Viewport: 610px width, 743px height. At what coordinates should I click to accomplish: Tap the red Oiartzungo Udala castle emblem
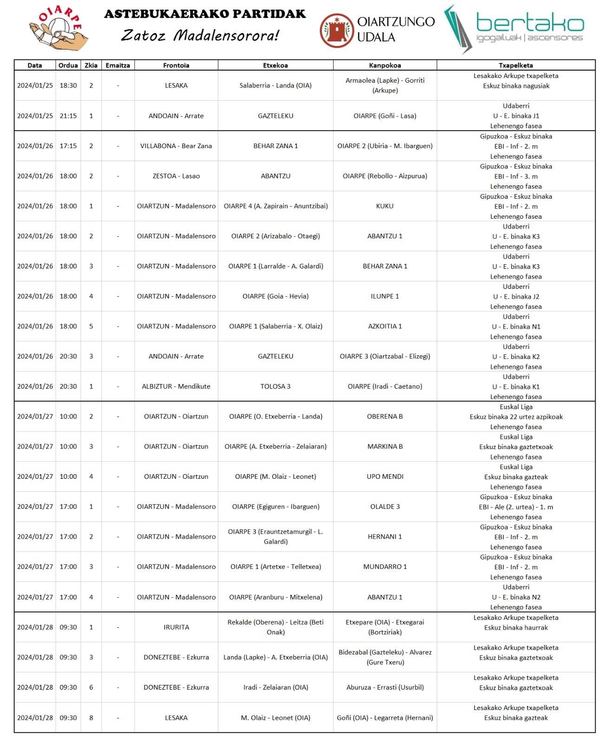336,30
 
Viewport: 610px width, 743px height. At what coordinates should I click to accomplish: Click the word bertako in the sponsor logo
530,22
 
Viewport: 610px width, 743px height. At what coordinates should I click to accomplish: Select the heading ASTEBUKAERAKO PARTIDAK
205,14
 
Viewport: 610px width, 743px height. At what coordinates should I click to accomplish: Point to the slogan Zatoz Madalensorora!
200,35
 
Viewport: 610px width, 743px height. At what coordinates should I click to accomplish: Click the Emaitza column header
118,65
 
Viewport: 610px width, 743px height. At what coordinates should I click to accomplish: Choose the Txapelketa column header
516,65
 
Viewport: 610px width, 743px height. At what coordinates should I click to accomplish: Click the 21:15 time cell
68,116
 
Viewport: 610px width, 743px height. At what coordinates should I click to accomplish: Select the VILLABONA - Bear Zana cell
176,146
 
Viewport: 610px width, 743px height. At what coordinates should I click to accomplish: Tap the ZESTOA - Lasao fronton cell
176,176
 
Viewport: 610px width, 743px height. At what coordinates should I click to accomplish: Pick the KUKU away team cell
385,206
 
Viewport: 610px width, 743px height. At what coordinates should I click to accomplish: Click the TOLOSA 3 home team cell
275,386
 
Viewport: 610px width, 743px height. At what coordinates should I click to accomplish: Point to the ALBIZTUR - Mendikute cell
176,386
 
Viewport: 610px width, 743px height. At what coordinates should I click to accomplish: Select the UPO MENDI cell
385,476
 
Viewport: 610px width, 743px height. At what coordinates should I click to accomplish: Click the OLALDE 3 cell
385,507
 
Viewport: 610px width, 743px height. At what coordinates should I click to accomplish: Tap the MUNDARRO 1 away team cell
385,567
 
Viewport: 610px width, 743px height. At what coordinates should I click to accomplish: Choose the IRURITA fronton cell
176,627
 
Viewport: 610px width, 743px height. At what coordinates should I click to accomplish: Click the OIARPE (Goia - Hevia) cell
275,296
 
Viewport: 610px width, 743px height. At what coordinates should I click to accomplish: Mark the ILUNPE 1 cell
385,296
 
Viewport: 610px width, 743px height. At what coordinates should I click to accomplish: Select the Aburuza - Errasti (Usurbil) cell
385,687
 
